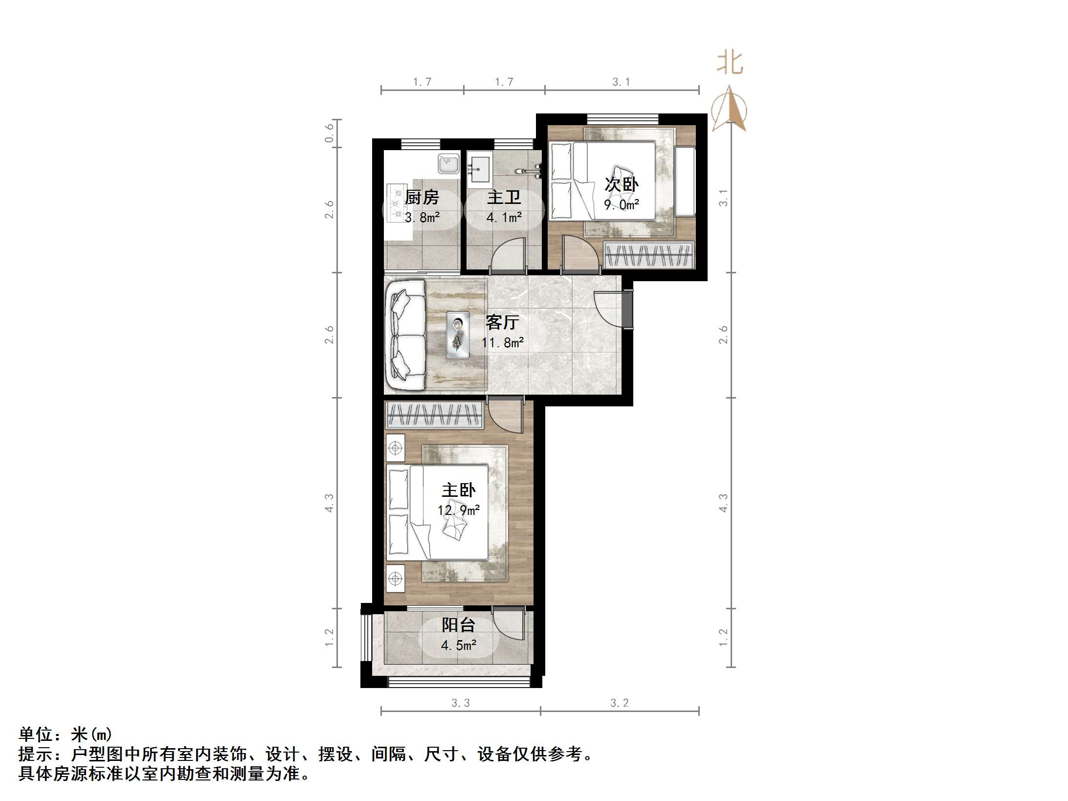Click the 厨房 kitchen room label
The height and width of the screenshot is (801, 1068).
pyautogui.click(x=422, y=198)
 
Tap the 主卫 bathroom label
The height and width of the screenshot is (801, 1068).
pyautogui.click(x=504, y=198)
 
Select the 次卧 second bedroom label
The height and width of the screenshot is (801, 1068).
pyautogui.click(x=621, y=184)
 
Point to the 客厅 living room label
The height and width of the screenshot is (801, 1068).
pyautogui.click(x=502, y=322)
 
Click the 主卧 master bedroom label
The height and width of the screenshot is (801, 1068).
pyautogui.click(x=458, y=490)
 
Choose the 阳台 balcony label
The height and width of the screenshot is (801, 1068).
pyautogui.click(x=458, y=625)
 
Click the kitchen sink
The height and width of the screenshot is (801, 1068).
pyautogui.click(x=448, y=163)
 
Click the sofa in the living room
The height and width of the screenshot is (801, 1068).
pyautogui.click(x=405, y=335)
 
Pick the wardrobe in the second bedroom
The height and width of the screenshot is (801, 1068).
pyautogui.click(x=649, y=255)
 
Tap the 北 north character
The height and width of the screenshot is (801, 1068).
pyautogui.click(x=730, y=64)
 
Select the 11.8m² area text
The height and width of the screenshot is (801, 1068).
pyautogui.click(x=502, y=343)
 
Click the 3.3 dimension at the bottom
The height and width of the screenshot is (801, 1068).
pyautogui.click(x=460, y=703)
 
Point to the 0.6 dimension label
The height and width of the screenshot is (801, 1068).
pyautogui.click(x=329, y=133)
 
